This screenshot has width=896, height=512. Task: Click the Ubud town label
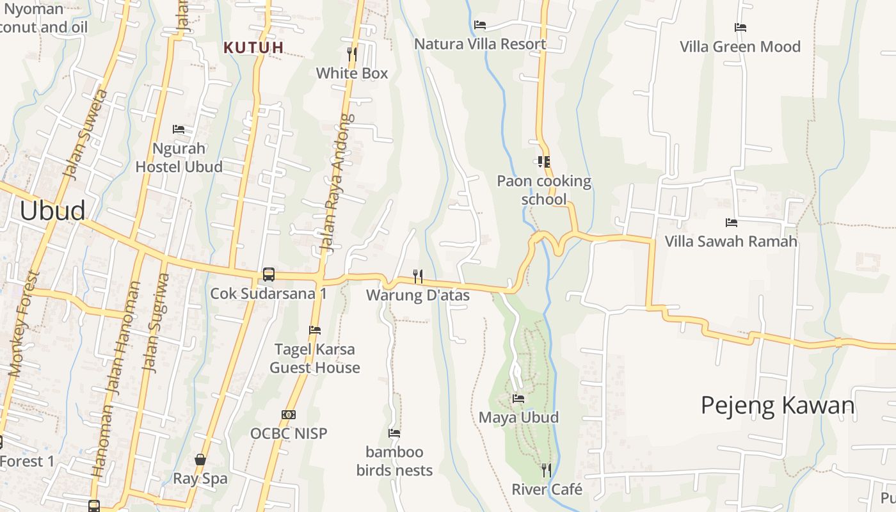52,211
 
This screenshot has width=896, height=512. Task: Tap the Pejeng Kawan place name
778,406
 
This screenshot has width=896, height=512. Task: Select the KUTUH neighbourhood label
253,47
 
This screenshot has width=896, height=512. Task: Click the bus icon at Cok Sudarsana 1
269,275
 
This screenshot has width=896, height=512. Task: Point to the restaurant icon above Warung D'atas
418,276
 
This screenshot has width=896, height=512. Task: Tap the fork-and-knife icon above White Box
352,54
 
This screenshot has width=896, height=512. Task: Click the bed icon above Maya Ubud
518,399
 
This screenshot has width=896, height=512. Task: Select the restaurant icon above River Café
547,470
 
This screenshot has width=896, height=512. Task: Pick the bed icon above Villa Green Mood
740,28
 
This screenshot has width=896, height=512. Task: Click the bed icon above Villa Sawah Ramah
732,223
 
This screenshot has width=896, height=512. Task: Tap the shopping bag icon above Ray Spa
200,460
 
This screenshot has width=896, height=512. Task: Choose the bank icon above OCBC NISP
289,415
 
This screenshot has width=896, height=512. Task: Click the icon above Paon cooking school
544,162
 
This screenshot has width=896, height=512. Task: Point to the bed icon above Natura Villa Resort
480,25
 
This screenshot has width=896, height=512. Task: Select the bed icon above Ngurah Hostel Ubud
179,129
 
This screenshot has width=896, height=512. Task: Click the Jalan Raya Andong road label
336,182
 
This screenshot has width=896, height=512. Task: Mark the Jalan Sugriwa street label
157,323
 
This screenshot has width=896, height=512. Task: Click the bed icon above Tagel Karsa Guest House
315,330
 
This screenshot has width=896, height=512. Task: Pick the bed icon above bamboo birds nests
394,433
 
